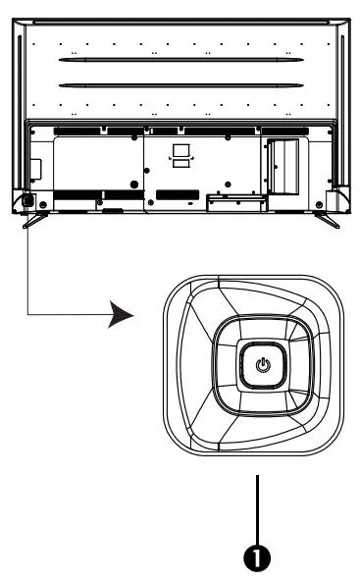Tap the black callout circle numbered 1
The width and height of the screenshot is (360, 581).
tap(258, 556)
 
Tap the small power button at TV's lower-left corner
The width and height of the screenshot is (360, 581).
tap(26, 202)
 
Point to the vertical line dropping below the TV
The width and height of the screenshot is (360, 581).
tap(26, 265)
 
